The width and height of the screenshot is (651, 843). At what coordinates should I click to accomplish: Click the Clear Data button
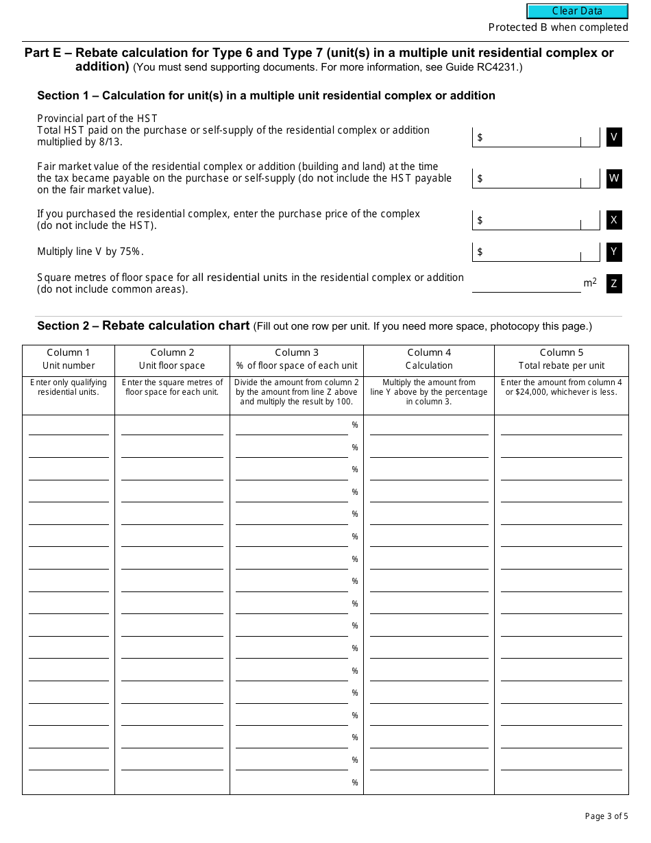coord(577,11)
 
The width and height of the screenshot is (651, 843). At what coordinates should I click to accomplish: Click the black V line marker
coord(614,137)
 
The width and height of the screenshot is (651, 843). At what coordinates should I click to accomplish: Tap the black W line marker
coord(614,179)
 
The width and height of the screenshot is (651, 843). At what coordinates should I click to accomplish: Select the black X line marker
coord(614,220)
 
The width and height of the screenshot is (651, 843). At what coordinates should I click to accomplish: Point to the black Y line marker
coord(614,252)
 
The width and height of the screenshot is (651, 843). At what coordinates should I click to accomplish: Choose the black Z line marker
coord(614,283)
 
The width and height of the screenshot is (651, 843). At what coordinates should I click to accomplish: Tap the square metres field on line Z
coord(526,283)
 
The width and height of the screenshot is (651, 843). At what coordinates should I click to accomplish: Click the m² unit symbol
coord(590,282)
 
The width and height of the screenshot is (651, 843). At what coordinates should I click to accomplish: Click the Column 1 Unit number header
coord(69,359)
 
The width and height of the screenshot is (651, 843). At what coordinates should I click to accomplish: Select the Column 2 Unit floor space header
coord(172,359)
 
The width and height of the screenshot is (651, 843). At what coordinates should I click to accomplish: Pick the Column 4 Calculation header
coord(429,359)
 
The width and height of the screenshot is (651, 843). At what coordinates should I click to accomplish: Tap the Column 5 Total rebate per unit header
coord(561,359)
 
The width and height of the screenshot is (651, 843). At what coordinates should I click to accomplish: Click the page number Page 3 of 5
coord(606,816)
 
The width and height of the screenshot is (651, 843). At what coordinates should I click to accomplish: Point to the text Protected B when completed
coord(558,27)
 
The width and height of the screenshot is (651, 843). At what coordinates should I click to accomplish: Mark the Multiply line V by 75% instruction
coord(90,252)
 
